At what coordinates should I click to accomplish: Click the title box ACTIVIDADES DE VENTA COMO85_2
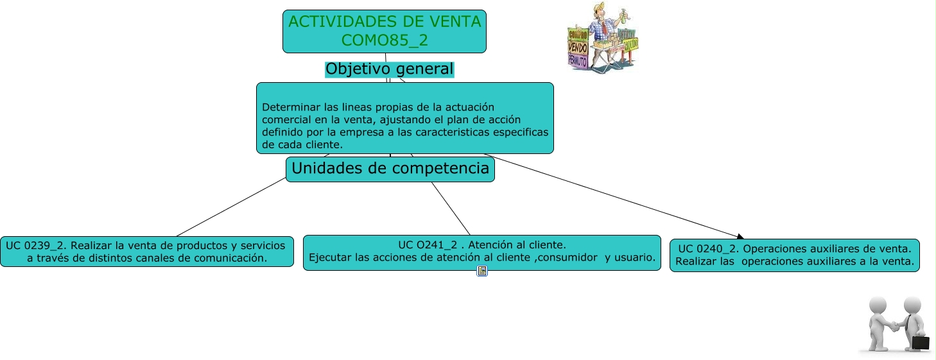click(385, 31)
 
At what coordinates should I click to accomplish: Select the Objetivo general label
click(390, 69)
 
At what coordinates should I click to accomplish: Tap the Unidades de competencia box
click(390, 169)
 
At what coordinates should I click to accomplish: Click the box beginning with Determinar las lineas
click(405, 118)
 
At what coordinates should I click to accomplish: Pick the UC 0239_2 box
click(146, 252)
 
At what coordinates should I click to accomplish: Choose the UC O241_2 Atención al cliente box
click(481, 253)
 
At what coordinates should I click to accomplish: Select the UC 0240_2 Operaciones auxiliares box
click(794, 255)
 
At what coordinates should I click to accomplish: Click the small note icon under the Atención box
click(481, 271)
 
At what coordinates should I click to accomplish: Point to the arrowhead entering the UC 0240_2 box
click(740, 237)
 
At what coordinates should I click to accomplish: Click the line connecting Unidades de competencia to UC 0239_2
click(231, 207)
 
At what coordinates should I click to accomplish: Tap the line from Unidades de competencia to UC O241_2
click(451, 209)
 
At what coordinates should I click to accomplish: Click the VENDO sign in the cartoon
click(578, 48)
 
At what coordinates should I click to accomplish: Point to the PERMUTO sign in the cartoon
click(578, 62)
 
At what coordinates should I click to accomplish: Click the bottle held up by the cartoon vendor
click(624, 17)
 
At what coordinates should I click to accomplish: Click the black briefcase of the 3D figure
click(921, 343)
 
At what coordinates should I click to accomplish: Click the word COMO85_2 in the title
click(385, 40)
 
